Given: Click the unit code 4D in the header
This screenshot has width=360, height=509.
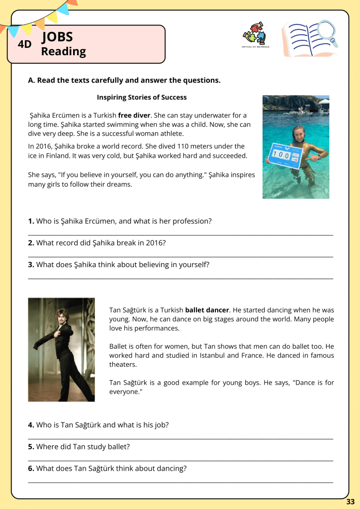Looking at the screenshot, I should pyautogui.click(x=24, y=44).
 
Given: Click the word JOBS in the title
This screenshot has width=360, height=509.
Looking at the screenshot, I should pyautogui.click(x=58, y=37).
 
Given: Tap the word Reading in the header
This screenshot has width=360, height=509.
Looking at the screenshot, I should pyautogui.click(x=63, y=51).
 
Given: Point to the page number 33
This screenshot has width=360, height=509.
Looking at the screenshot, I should pyautogui.click(x=351, y=501).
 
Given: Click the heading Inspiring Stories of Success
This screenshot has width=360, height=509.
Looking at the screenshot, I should pyautogui.click(x=142, y=97).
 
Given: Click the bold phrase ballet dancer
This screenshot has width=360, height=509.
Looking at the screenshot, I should pyautogui.click(x=207, y=310).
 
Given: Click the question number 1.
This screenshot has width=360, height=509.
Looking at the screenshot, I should pyautogui.click(x=31, y=221).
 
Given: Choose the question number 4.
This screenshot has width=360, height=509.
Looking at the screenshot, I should pyautogui.click(x=31, y=425).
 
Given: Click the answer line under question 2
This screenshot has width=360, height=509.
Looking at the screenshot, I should pyautogui.click(x=180, y=257).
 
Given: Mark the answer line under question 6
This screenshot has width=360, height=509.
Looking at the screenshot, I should pyautogui.click(x=180, y=482).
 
